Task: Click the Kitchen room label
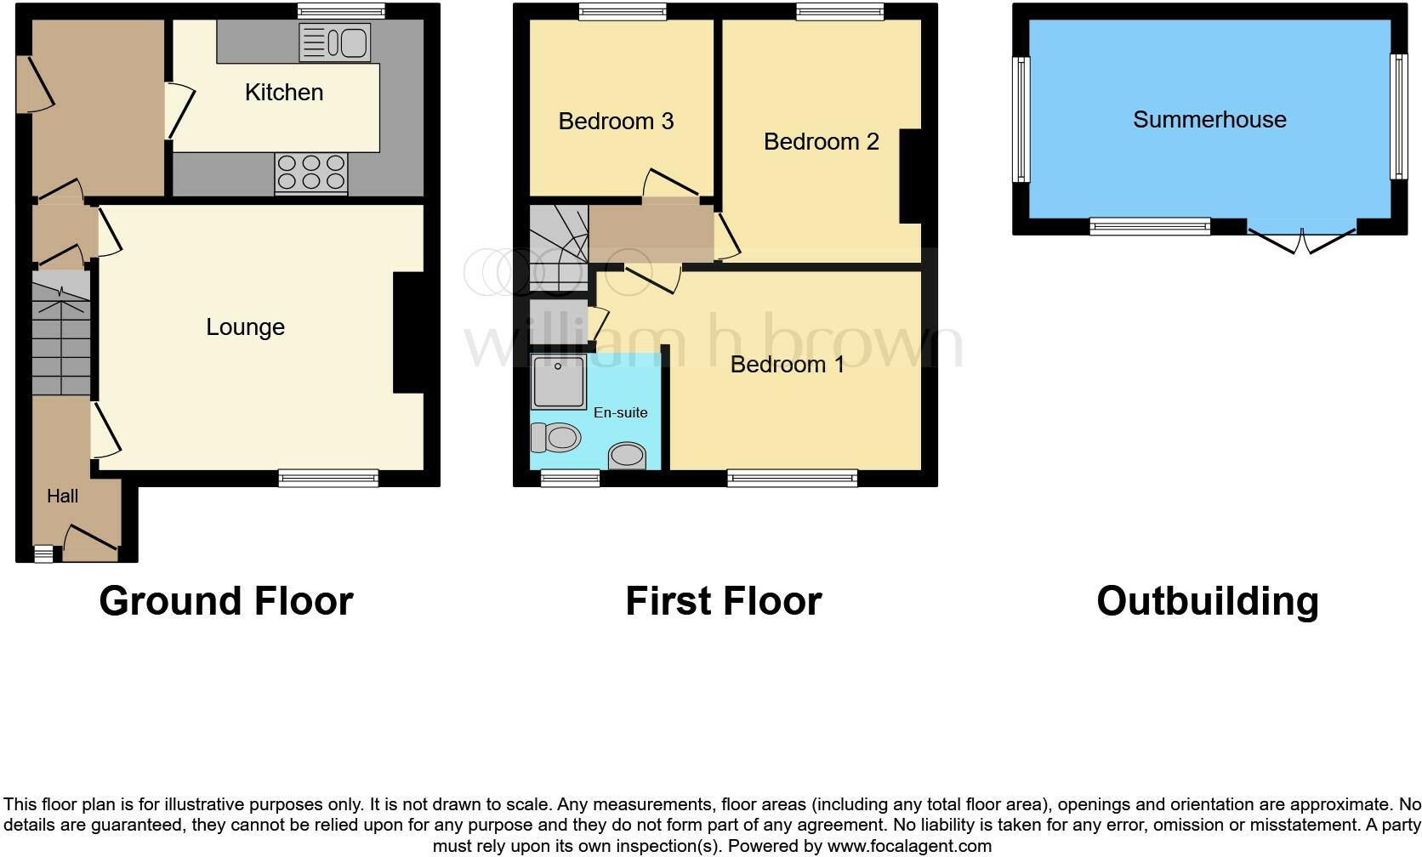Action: coord(284,92)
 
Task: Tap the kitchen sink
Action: coord(335,43)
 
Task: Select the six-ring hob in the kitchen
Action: coord(311,173)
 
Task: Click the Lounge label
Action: coord(245,327)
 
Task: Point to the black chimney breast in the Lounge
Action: coord(408,332)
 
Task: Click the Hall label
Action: coord(62,497)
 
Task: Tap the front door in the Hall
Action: coord(90,542)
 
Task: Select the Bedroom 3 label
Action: coord(616,122)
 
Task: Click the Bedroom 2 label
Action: coord(821,142)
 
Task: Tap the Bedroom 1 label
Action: coord(787,365)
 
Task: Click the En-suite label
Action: coord(620,412)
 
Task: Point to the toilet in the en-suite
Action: coord(555,438)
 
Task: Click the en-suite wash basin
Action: coord(627,456)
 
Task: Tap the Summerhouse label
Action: coord(1209,120)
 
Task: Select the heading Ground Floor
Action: coord(225,601)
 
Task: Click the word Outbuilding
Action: coord(1207,601)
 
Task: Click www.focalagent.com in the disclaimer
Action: coord(909,846)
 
